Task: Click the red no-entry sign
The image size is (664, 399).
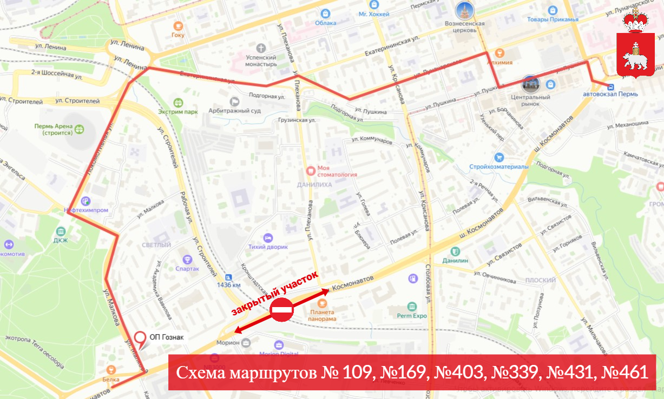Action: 281,310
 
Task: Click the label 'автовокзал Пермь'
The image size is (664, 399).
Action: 610,94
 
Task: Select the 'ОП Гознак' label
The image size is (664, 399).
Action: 166,337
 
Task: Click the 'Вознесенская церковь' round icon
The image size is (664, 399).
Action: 464,10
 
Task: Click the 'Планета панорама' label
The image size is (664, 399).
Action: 323,315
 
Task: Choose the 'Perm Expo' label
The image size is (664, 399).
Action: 412,316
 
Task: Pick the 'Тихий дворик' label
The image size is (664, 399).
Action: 268,247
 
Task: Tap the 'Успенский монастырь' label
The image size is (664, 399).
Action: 261,61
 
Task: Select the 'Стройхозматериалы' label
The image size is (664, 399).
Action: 498,167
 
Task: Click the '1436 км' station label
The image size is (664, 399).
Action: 228,285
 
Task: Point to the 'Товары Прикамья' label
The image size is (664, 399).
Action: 553,19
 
